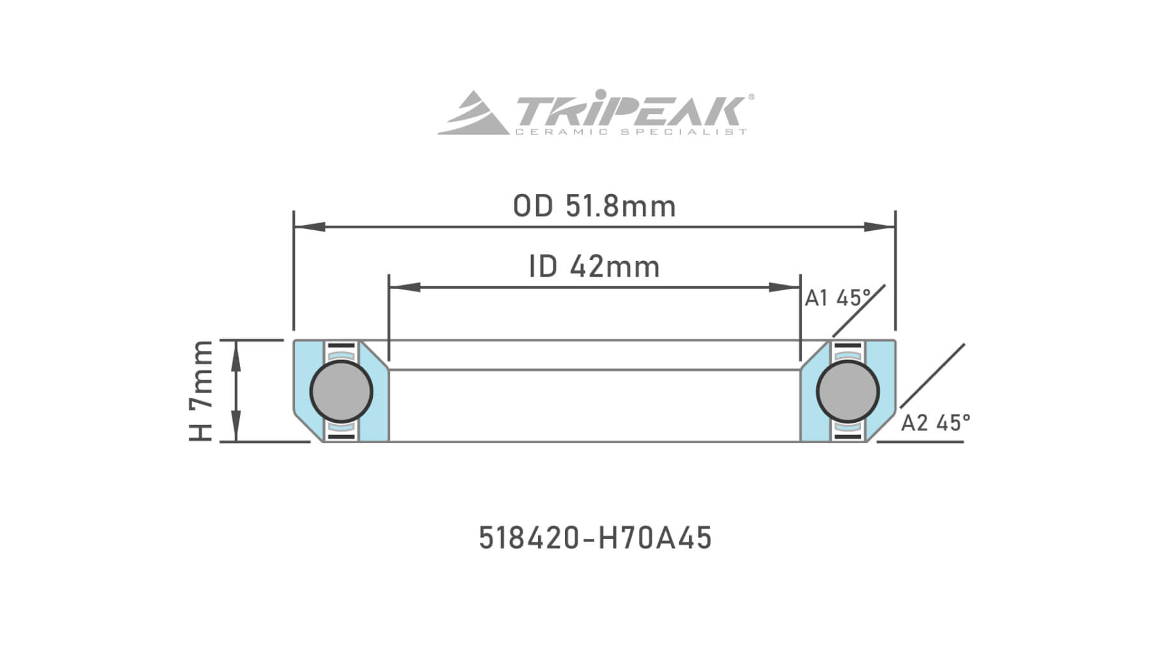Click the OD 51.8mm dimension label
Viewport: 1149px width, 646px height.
(594, 207)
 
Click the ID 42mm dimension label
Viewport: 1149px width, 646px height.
(594, 267)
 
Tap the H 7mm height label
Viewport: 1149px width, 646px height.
(201, 391)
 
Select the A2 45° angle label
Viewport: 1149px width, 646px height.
(935, 422)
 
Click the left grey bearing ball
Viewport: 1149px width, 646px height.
(342, 392)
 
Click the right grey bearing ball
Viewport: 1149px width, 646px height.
(848, 392)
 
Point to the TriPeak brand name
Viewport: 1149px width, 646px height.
(629, 112)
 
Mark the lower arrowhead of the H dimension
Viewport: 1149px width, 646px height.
(236, 426)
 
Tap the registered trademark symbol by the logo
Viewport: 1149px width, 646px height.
(751, 97)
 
